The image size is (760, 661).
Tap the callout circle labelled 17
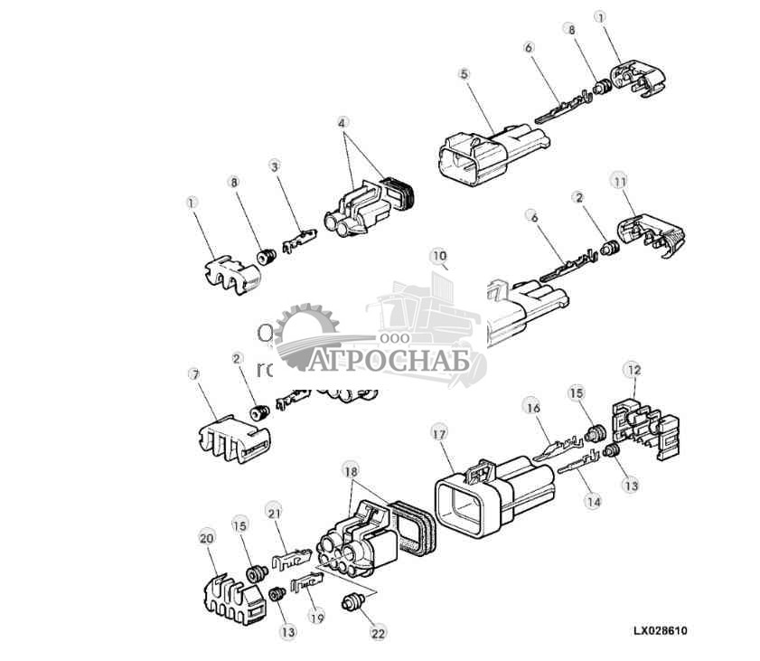click(439, 435)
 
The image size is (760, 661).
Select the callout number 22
click(379, 634)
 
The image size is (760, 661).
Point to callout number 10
click(439, 257)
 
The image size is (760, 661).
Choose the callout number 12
click(633, 370)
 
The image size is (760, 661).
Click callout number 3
click(275, 166)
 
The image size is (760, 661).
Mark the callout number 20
click(206, 537)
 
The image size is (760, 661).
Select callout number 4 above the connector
click(342, 122)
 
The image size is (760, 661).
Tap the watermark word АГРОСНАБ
click(393, 363)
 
